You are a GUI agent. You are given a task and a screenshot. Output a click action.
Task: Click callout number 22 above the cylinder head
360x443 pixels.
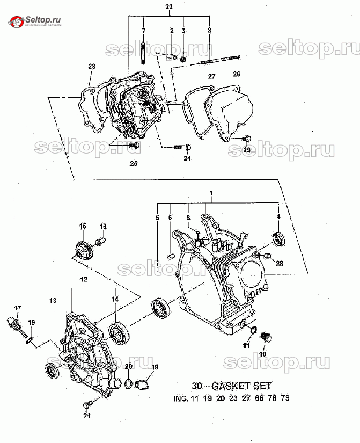tap(168, 7)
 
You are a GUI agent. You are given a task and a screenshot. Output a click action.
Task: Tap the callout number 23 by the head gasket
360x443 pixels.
tap(92, 67)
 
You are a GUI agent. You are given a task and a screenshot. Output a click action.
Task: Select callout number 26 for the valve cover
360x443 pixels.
tap(236, 74)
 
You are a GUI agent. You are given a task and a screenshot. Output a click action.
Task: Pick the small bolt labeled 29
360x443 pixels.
tap(246, 139)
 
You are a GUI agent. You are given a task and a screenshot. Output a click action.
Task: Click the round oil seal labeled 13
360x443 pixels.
tap(53, 369)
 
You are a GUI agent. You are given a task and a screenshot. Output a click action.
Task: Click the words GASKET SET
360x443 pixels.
tap(241, 386)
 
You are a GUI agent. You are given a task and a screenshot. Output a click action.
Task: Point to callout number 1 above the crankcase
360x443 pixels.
tap(211, 193)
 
